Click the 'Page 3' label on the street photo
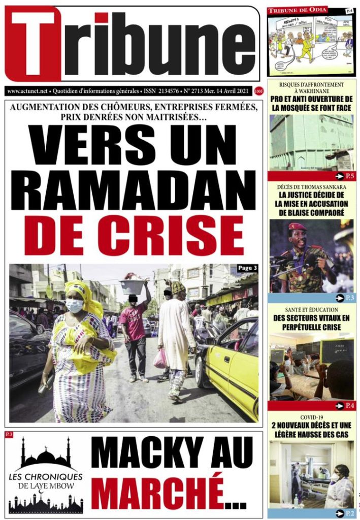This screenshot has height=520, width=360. (x=247, y=268)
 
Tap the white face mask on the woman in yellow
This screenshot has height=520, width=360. (x=75, y=306)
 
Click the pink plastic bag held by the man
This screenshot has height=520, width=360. (x=160, y=359)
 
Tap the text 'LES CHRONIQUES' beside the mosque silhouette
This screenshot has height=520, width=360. (x=46, y=477)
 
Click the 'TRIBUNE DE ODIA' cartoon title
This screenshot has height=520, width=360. (x=298, y=10)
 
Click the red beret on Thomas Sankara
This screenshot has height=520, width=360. (x=297, y=226)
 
